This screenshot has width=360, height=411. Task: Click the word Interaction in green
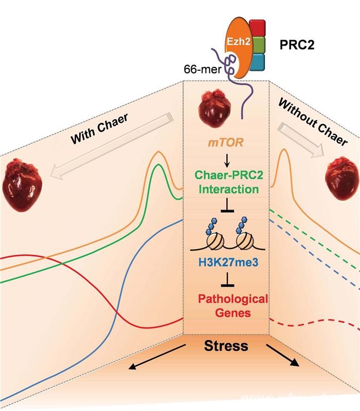pos(225,189)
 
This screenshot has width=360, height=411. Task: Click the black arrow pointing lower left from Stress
pos(155,357)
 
